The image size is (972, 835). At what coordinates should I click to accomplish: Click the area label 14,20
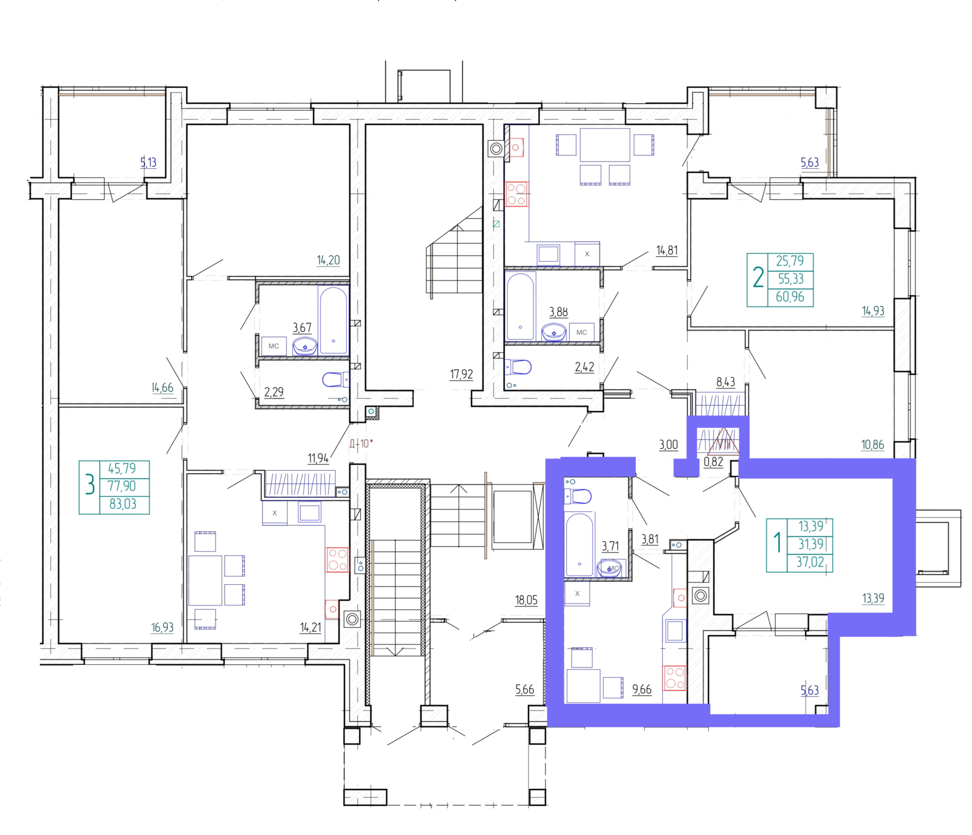click(328, 261)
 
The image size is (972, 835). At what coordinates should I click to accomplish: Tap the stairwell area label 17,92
click(461, 374)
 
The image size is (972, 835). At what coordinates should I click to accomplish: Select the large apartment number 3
click(90, 486)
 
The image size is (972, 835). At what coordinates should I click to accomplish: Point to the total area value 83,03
click(123, 504)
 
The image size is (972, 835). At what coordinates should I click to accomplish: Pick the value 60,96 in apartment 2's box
click(790, 297)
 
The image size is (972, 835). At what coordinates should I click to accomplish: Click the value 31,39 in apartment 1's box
click(811, 544)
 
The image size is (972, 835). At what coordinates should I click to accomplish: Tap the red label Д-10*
click(361, 443)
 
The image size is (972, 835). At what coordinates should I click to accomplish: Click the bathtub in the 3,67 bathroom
click(333, 320)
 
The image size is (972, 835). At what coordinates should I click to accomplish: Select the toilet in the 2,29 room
click(334, 380)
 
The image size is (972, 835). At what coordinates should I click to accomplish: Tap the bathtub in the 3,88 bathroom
click(520, 307)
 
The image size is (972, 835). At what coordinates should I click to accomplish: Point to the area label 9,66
click(642, 689)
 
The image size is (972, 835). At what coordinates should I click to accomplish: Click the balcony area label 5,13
click(148, 163)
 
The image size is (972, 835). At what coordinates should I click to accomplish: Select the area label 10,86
click(872, 445)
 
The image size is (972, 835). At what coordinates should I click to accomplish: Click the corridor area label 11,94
click(318, 458)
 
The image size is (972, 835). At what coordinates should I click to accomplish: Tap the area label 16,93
click(162, 627)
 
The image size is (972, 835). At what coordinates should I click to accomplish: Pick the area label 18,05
click(526, 601)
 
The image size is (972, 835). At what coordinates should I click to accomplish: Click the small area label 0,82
click(713, 462)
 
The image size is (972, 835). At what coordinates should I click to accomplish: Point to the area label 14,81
click(666, 250)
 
